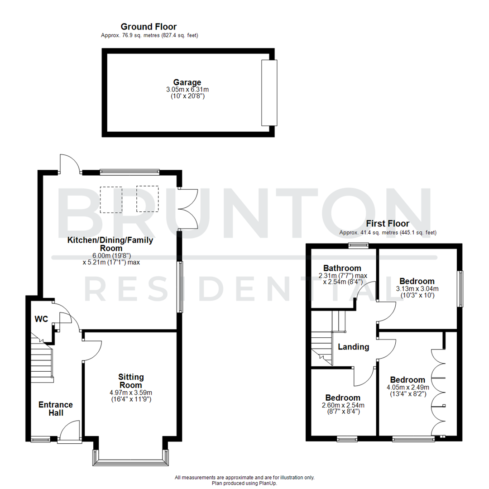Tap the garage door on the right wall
click(x=269, y=92)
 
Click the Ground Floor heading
click(x=149, y=27)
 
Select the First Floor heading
click(x=388, y=224)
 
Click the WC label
click(x=42, y=319)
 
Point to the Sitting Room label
click(x=131, y=381)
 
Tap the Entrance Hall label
click(x=55, y=409)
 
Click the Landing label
click(x=354, y=347)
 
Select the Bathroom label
click(x=342, y=268)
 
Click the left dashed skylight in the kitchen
click(x=110, y=200)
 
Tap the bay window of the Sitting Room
click(x=131, y=461)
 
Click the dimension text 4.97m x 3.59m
click(x=131, y=393)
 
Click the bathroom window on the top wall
click(x=358, y=245)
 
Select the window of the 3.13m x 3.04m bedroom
click(x=460, y=288)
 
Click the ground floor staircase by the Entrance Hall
click(x=43, y=358)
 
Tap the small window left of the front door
click(x=41, y=439)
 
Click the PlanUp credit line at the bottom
click(x=244, y=483)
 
